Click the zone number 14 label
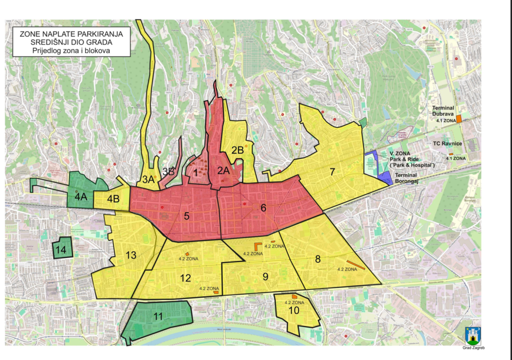[61, 249]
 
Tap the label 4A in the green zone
[80, 197]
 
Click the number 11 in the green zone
[158, 316]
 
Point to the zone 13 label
[131, 255]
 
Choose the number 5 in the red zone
[186, 216]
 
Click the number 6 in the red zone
[263, 208]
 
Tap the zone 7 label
[331, 172]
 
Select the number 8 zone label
[318, 259]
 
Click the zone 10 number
[294, 310]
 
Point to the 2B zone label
[237, 149]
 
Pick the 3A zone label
[148, 179]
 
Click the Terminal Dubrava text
[443, 111]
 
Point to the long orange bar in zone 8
[355, 264]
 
